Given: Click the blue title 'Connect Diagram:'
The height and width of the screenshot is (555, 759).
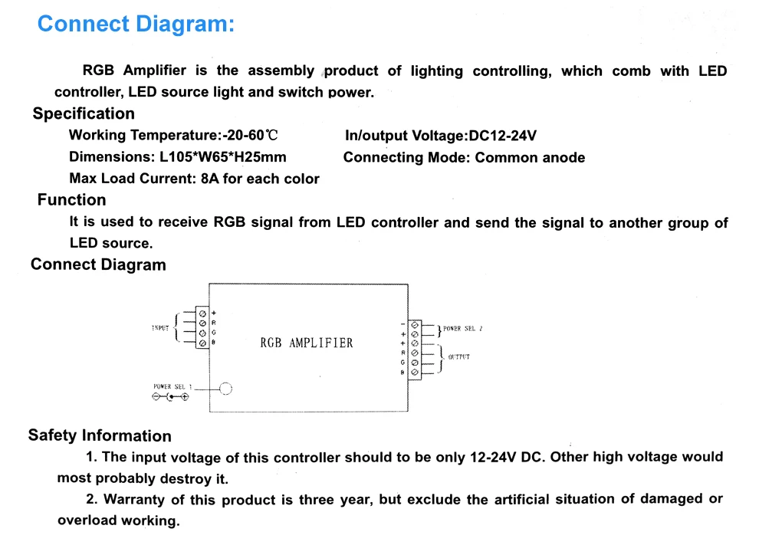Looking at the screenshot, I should (x=136, y=24).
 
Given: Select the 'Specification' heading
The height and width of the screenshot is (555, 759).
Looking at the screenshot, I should (x=84, y=114).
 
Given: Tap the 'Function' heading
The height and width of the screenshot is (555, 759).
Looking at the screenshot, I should (x=71, y=200).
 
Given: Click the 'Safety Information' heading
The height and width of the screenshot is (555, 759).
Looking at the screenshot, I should (x=100, y=435).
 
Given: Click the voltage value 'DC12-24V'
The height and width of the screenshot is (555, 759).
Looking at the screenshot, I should (x=502, y=136).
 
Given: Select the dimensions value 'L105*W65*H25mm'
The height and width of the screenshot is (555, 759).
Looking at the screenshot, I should (x=223, y=157).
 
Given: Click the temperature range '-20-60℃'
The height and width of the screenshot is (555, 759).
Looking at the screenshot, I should (x=250, y=136).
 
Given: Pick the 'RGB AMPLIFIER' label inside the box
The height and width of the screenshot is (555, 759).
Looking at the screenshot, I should (x=307, y=343).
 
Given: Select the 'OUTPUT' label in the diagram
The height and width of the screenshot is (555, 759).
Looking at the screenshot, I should (x=458, y=357).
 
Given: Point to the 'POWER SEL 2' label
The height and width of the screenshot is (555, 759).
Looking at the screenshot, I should (x=462, y=329).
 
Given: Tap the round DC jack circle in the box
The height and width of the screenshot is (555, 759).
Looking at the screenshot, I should (x=225, y=389).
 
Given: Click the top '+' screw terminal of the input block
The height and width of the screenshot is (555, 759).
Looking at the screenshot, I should (x=202, y=313).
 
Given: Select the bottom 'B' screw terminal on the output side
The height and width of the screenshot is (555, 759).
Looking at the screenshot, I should (x=415, y=372).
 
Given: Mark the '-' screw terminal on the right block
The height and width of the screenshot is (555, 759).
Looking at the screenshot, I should (x=415, y=325).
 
